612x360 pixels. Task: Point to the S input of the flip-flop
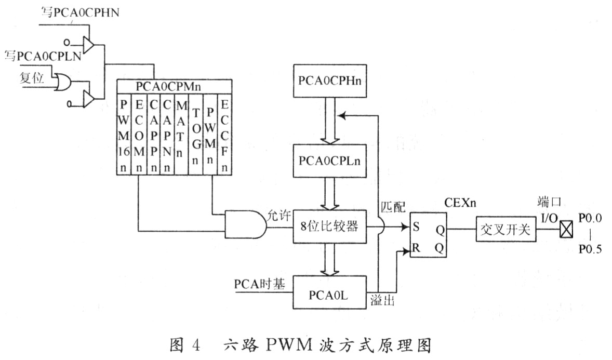click(416, 227)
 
